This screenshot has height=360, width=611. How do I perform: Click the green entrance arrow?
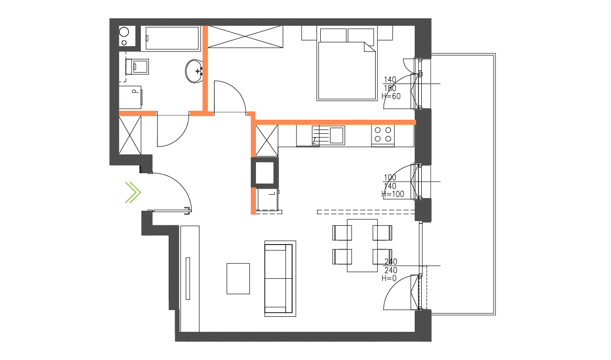133,192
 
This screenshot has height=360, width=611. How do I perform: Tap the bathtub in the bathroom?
171,38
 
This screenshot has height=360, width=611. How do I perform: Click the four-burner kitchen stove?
383,135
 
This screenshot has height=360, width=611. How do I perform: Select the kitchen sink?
337,135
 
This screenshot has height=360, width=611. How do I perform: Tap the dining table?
362,245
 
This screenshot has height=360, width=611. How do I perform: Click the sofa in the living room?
280,278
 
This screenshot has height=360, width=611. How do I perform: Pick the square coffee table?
238,278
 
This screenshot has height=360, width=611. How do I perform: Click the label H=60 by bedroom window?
391,97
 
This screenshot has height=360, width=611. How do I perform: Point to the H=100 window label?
394,194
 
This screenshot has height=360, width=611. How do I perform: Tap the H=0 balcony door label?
389,278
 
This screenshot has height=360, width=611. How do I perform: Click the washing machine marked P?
130,97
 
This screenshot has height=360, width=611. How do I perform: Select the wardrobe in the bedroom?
246,37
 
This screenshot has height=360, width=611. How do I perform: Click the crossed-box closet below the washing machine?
130,135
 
